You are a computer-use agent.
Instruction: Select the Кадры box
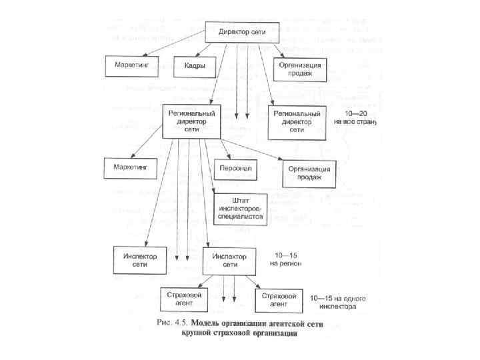pos(195,65)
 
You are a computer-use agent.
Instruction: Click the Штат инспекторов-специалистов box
pos(240,208)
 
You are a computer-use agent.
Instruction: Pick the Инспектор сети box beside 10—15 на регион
pos(229,260)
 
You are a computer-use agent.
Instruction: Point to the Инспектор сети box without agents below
pos(140,260)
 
